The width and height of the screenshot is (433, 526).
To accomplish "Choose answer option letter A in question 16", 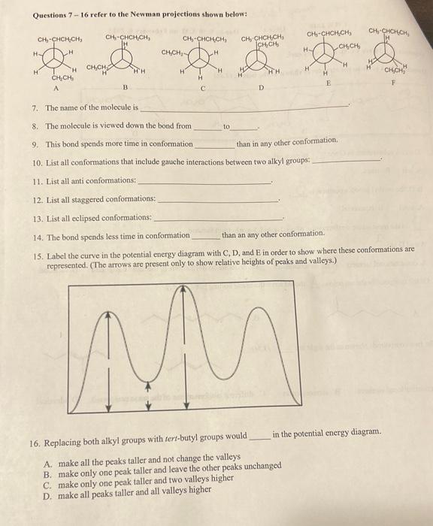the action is [x=48, y=457].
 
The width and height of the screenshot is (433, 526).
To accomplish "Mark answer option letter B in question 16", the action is [x=48, y=466].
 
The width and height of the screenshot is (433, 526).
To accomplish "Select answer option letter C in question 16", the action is [x=48, y=476].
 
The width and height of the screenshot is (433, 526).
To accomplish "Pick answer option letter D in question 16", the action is [x=48, y=485].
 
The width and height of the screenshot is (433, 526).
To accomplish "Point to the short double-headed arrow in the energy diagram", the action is [x=148, y=396].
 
